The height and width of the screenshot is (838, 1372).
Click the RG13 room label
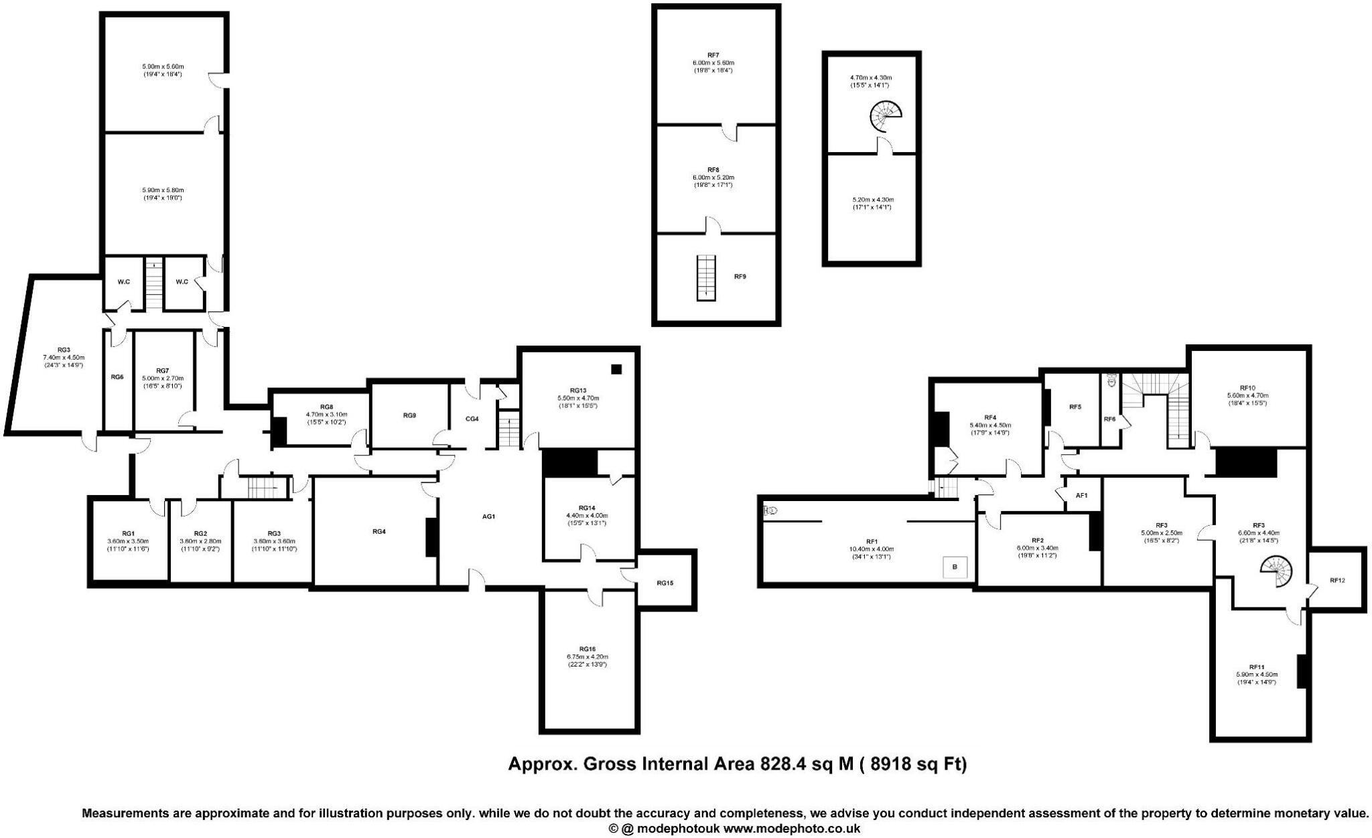[x=577, y=391]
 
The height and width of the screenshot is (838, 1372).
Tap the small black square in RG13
[x=616, y=369]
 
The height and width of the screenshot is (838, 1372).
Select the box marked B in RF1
[x=955, y=567]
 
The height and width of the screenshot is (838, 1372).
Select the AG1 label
[x=488, y=516]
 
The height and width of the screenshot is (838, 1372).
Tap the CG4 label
[x=472, y=419]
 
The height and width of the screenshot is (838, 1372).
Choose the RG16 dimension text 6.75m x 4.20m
[x=587, y=657]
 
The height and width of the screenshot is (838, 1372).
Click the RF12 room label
[x=1336, y=580]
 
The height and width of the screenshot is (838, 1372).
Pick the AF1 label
[x=1081, y=496]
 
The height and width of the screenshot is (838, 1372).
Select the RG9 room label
[x=409, y=415]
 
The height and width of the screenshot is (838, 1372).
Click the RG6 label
[x=117, y=377]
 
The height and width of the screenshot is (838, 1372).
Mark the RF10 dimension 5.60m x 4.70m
[x=1247, y=395]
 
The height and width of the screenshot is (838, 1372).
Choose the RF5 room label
[x=1075, y=407]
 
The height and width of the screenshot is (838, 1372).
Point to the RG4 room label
[x=379, y=531]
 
